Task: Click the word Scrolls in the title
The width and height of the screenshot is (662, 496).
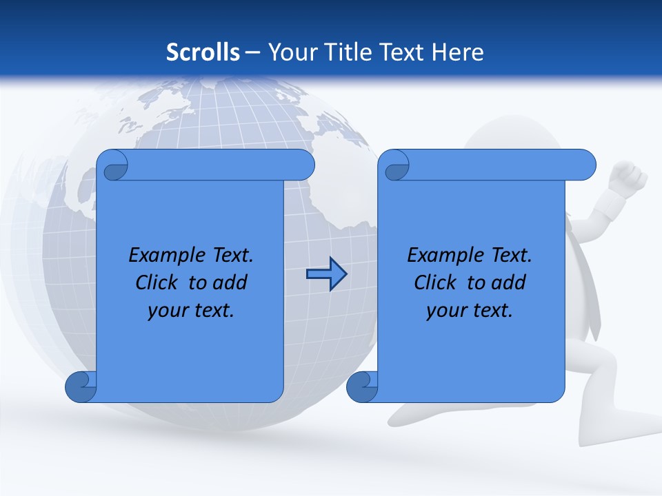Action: (x=203, y=52)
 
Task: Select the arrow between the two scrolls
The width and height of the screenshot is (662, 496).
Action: (x=326, y=275)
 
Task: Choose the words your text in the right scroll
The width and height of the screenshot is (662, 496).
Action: (x=470, y=310)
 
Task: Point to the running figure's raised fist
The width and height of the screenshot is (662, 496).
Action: (x=629, y=176)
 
